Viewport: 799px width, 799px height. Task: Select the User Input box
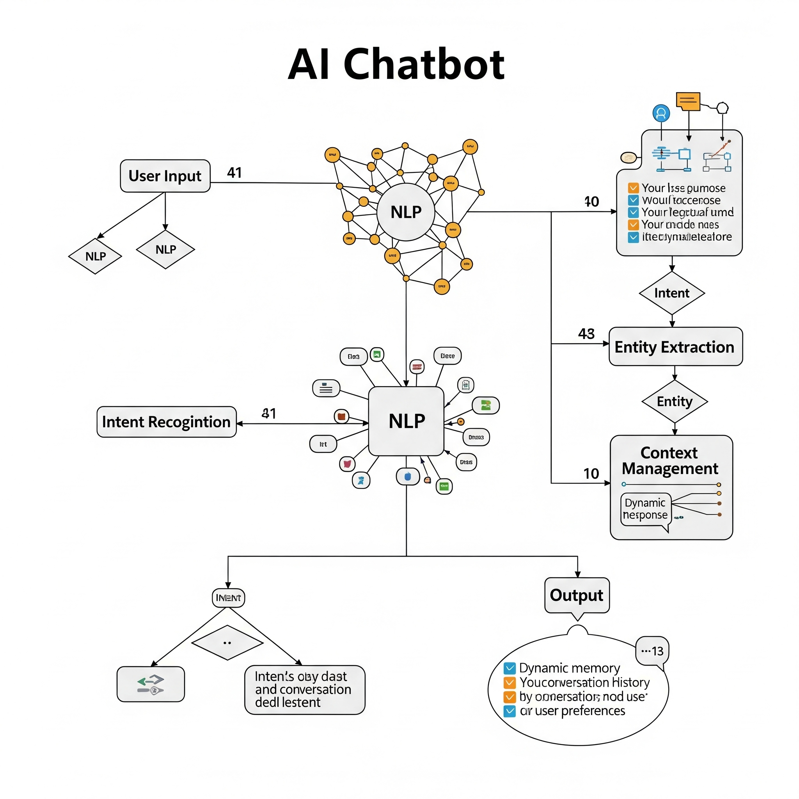point(165,176)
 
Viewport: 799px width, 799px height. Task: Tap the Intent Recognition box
point(166,422)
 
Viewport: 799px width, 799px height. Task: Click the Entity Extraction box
point(675,346)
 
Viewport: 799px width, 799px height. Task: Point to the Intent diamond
point(672,293)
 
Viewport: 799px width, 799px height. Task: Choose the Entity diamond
point(675,401)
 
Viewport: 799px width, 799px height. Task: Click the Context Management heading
point(670,461)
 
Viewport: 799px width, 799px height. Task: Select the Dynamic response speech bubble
point(645,509)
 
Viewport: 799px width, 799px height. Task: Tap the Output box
point(577,595)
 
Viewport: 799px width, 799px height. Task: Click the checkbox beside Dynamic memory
point(510,668)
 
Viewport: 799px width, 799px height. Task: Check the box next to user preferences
point(510,711)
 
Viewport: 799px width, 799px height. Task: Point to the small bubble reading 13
point(652,651)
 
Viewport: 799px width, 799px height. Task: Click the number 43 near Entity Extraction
point(586,334)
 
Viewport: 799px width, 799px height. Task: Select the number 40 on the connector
point(591,201)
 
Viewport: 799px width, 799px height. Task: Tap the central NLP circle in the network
point(406,212)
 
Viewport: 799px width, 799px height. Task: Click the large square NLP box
point(406,421)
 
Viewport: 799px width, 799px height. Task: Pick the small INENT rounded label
point(228,598)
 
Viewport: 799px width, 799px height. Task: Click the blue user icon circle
point(661,113)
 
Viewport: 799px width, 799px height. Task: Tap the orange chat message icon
point(688,101)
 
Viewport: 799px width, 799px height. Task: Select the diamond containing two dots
point(227,643)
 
